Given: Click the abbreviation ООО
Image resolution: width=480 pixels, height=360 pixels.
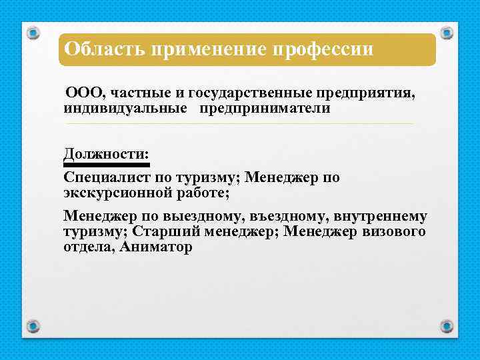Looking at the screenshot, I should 84,94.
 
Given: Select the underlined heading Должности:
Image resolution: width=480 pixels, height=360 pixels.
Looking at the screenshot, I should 106,153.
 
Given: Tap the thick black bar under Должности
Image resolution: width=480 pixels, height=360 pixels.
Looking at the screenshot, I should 106,163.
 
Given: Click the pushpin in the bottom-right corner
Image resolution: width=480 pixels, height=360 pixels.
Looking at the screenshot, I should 447,326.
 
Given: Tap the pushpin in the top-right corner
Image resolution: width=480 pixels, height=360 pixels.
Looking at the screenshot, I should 447,32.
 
